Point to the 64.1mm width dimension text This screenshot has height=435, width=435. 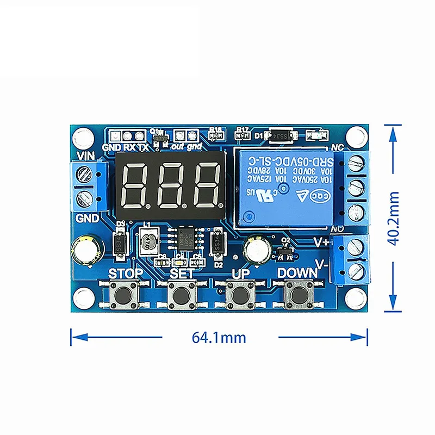pos(219,337)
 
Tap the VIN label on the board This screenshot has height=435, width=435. pos(87,157)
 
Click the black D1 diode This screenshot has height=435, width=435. pos(281,134)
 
